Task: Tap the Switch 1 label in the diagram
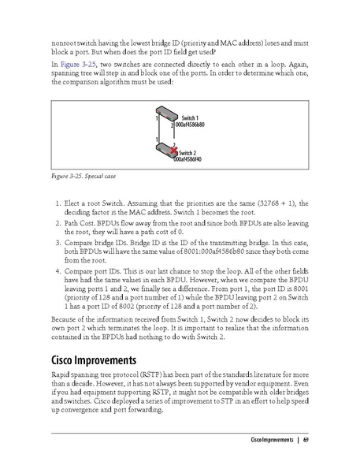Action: pyautogui.click(x=190, y=117)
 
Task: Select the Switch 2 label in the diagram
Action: pyautogui.click(x=188, y=152)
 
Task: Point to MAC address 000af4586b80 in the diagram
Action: pyautogui.click(x=190, y=125)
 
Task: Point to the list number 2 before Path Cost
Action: pyautogui.click(x=58, y=223)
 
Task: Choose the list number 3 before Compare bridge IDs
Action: pyautogui.click(x=58, y=244)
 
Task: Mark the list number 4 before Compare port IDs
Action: pyautogui.click(x=58, y=273)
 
